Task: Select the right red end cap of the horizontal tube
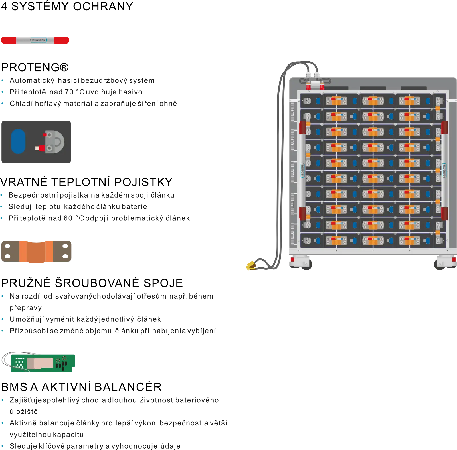62,40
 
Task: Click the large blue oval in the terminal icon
18,141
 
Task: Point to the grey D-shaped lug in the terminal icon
55,141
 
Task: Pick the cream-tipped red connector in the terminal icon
39,148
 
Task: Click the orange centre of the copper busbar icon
36,251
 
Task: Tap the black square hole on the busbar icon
65,257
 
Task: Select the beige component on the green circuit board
40,363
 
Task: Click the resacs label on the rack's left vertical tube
302,170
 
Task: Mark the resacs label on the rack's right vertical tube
444,170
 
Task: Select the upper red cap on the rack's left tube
302,127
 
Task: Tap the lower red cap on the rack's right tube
444,214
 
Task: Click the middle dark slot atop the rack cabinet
373,88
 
